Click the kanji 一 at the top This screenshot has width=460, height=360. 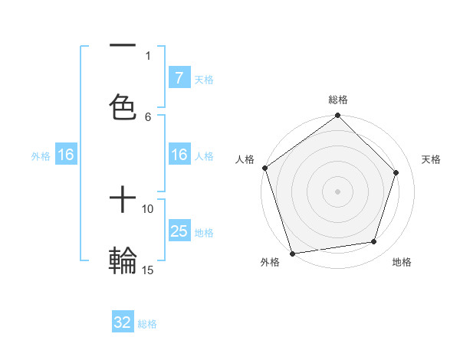pos(123,46)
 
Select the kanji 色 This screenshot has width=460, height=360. pos(123,106)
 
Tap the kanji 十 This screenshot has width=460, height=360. pos(123,201)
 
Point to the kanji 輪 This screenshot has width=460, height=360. pos(123,261)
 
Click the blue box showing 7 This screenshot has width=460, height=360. pos(179,77)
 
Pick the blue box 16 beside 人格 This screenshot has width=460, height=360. pos(179,155)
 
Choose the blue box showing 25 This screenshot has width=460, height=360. pos(179,231)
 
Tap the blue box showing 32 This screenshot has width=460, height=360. pos(123,322)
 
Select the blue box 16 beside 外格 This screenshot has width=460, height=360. pos(66,155)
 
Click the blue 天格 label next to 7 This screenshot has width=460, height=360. pos(204,79)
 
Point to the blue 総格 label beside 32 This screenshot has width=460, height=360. pos(147,324)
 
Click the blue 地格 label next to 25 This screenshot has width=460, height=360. pos(204,233)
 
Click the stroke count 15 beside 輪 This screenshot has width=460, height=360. pos(148,270)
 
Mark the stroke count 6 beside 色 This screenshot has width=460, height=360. pos(148,116)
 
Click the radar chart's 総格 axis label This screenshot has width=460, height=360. pos(337,100)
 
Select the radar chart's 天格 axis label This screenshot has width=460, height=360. pos(431,159)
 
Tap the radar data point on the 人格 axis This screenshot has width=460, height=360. pos(265,168)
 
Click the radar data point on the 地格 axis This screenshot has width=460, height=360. pos(374,241)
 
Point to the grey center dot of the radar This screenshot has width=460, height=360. pos(337,191)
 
